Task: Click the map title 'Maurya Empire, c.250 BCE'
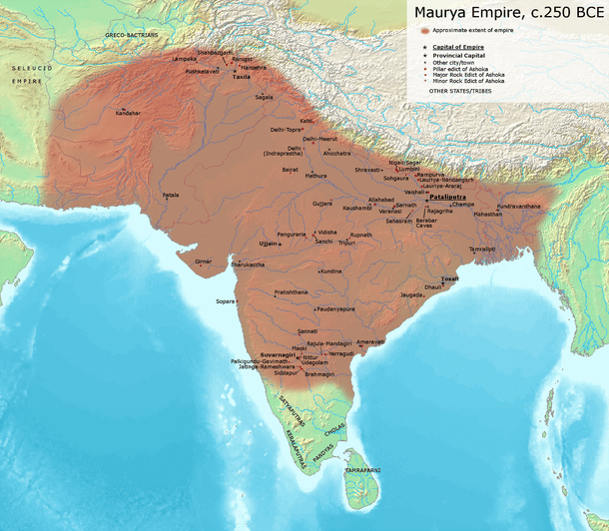505,14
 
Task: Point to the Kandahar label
128,113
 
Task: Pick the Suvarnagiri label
278,353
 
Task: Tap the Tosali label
450,278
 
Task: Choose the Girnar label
204,261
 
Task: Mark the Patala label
171,195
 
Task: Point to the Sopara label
225,300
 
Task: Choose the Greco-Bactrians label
132,35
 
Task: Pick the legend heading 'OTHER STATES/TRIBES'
460,91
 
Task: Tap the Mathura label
316,175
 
